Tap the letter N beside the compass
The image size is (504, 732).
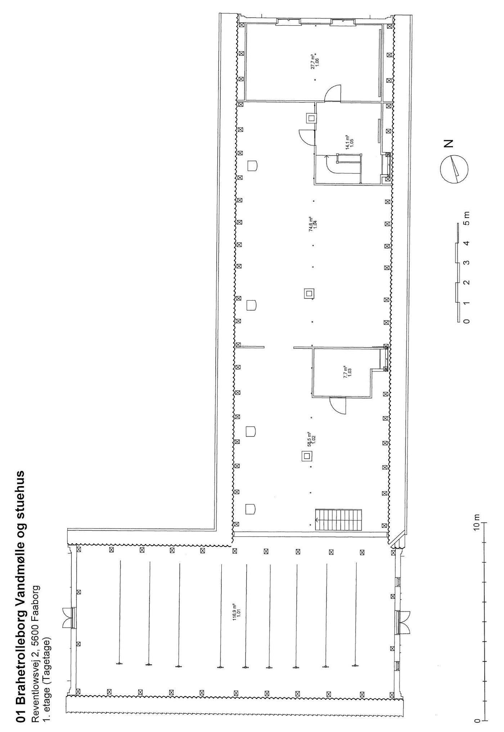click(449, 143)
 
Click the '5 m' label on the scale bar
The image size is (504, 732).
click(467, 218)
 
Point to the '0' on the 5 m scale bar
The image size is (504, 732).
click(467, 321)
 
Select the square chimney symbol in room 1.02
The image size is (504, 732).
click(307, 457)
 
